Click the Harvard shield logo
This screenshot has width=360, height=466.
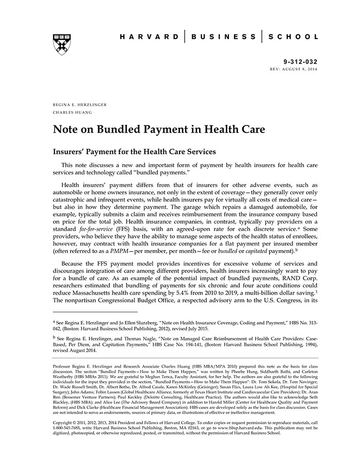coord(62,45)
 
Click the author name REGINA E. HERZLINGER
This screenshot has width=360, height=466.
coord(80,104)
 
